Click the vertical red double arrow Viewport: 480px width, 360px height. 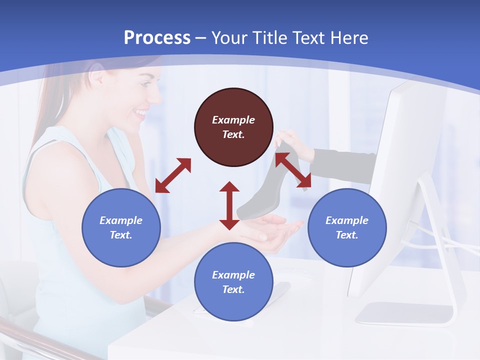tap(229, 205)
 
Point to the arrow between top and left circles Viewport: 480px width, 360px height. tap(173, 175)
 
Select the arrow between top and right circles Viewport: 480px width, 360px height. tap(293, 171)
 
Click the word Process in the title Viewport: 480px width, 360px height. tap(157, 37)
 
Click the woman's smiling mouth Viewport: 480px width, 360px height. tap(142, 112)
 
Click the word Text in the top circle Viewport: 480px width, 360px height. tap(233, 134)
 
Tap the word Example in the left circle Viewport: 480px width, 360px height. tap(121, 220)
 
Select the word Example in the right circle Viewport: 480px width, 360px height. tap(347, 220)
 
